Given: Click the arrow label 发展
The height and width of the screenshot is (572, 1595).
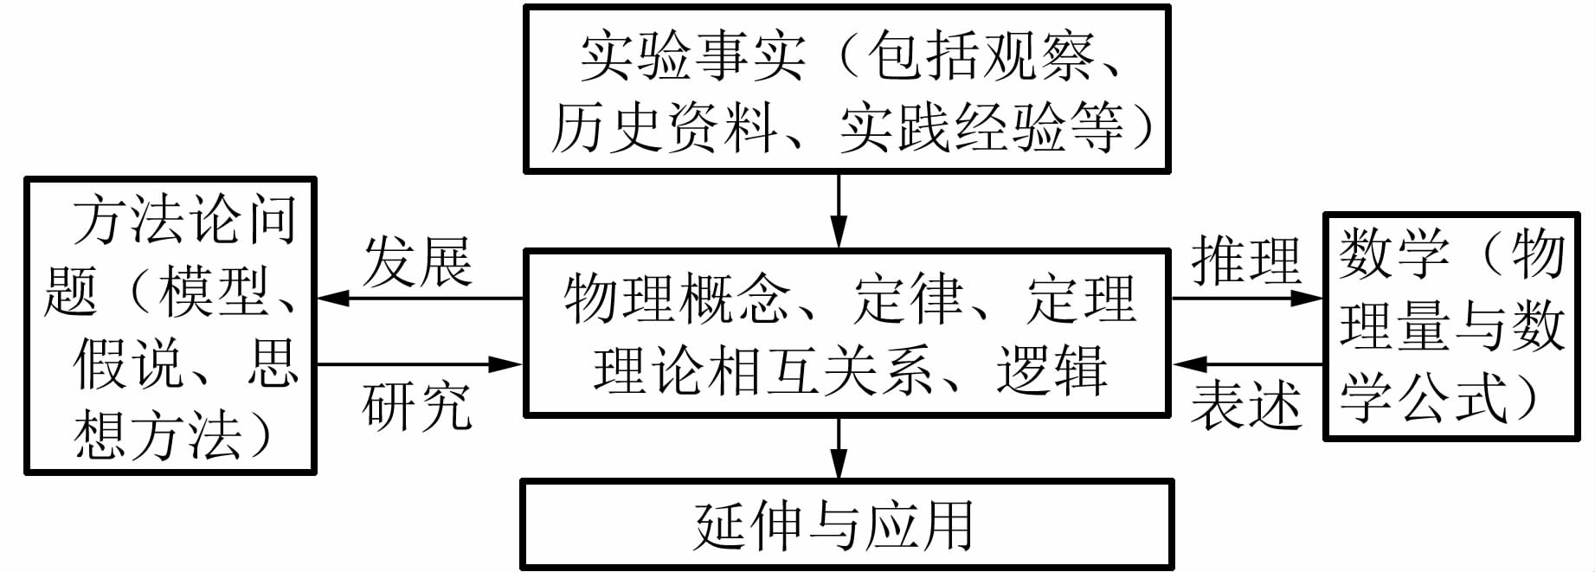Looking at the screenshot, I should [x=417, y=260].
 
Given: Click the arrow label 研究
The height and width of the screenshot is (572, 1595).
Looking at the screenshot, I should [x=417, y=404].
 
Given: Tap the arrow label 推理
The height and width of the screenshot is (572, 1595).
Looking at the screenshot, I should [x=1246, y=259].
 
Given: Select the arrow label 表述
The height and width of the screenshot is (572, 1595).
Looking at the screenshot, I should [x=1246, y=404].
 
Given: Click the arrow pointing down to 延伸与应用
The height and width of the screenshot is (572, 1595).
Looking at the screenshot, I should [x=838, y=447].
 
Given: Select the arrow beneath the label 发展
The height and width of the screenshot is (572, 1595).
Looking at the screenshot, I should [x=420, y=299].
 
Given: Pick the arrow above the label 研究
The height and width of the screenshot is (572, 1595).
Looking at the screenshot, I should [x=420, y=364].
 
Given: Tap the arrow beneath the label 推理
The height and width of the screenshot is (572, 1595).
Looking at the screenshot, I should [x=1246, y=299].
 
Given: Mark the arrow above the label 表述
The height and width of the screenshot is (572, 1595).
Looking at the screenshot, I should [x=1246, y=364].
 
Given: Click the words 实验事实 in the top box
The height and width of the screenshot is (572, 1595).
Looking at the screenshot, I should [x=692, y=56].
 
